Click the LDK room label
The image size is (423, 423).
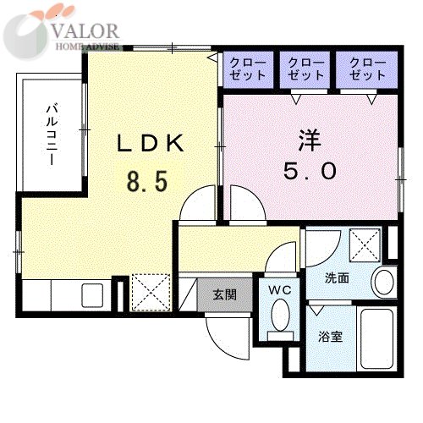click(151, 143)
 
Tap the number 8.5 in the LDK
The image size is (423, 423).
click(147, 181)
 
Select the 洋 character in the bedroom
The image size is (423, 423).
click(310, 140)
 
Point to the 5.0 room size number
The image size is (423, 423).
click(310, 171)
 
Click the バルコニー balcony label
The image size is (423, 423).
click(52, 135)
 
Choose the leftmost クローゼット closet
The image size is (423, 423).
click(248, 69)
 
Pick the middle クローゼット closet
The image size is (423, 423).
click(305, 69)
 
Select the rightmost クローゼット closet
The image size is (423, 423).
click(366, 69)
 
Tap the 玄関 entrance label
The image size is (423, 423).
click(225, 294)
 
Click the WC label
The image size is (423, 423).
click(280, 290)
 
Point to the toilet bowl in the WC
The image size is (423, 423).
click(280, 315)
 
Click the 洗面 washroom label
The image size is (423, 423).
click(337, 278)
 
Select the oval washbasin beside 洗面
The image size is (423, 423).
click(384, 282)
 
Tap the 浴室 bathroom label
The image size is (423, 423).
click(331, 337)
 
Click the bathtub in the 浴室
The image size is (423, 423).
click(376, 338)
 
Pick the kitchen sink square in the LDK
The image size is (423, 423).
click(92, 295)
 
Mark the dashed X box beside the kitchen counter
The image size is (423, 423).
click(151, 293)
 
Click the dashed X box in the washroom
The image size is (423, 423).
click(365, 244)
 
